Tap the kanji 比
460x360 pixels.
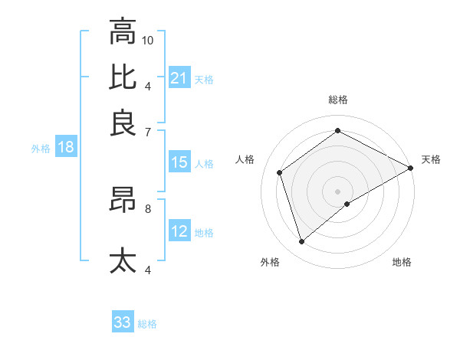click(x=123, y=77)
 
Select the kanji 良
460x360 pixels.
click(x=123, y=123)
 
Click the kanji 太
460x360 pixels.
click(x=123, y=260)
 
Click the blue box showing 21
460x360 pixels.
click(x=179, y=77)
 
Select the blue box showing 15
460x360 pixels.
click(x=179, y=162)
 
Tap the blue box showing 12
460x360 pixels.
click(x=179, y=231)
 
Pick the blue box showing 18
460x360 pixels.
click(x=66, y=147)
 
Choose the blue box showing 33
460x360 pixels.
click(x=123, y=322)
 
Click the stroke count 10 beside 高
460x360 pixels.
click(x=148, y=40)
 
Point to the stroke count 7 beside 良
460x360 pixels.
click(x=148, y=132)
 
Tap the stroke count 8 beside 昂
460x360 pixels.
click(x=148, y=208)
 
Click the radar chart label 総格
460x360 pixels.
click(x=337, y=100)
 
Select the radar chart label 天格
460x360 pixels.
click(x=431, y=159)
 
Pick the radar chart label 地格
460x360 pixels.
click(x=402, y=262)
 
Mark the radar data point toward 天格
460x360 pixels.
click(x=411, y=169)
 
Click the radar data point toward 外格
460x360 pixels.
click(x=302, y=242)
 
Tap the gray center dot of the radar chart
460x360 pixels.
click(x=338, y=191)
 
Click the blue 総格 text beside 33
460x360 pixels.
click(x=147, y=324)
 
